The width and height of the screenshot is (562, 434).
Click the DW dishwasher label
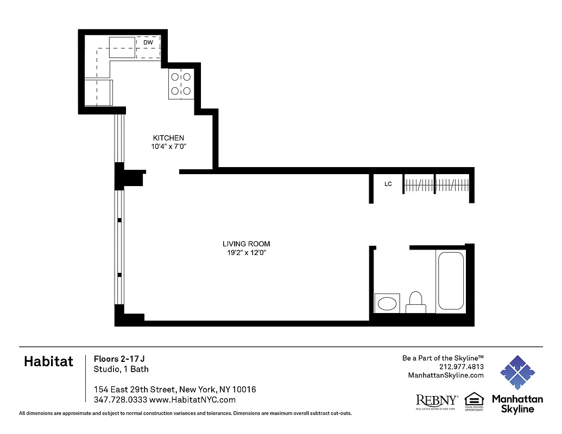(148, 42)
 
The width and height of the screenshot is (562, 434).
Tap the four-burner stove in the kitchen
(181, 84)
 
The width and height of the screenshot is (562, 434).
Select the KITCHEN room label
(168, 138)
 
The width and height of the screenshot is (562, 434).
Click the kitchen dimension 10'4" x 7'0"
(168, 146)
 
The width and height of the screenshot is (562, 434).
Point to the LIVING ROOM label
(246, 244)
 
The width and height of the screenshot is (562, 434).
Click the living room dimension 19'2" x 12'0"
(246, 252)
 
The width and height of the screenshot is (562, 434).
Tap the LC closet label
(388, 184)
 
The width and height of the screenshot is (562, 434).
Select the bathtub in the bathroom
(451, 281)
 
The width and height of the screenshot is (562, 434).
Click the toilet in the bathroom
(415, 302)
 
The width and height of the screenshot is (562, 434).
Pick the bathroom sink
(387, 303)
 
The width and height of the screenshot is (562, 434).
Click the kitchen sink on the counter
(122, 47)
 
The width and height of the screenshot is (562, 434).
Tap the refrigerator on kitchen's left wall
(98, 92)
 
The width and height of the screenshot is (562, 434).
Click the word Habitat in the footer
(48, 362)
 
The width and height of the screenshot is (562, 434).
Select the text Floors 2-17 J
(119, 359)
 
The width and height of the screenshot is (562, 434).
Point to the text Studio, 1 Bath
(121, 369)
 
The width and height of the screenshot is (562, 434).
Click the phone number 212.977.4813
(461, 367)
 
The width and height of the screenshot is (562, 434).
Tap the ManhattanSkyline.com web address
(445, 375)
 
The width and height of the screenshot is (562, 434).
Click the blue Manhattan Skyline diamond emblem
(517, 373)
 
